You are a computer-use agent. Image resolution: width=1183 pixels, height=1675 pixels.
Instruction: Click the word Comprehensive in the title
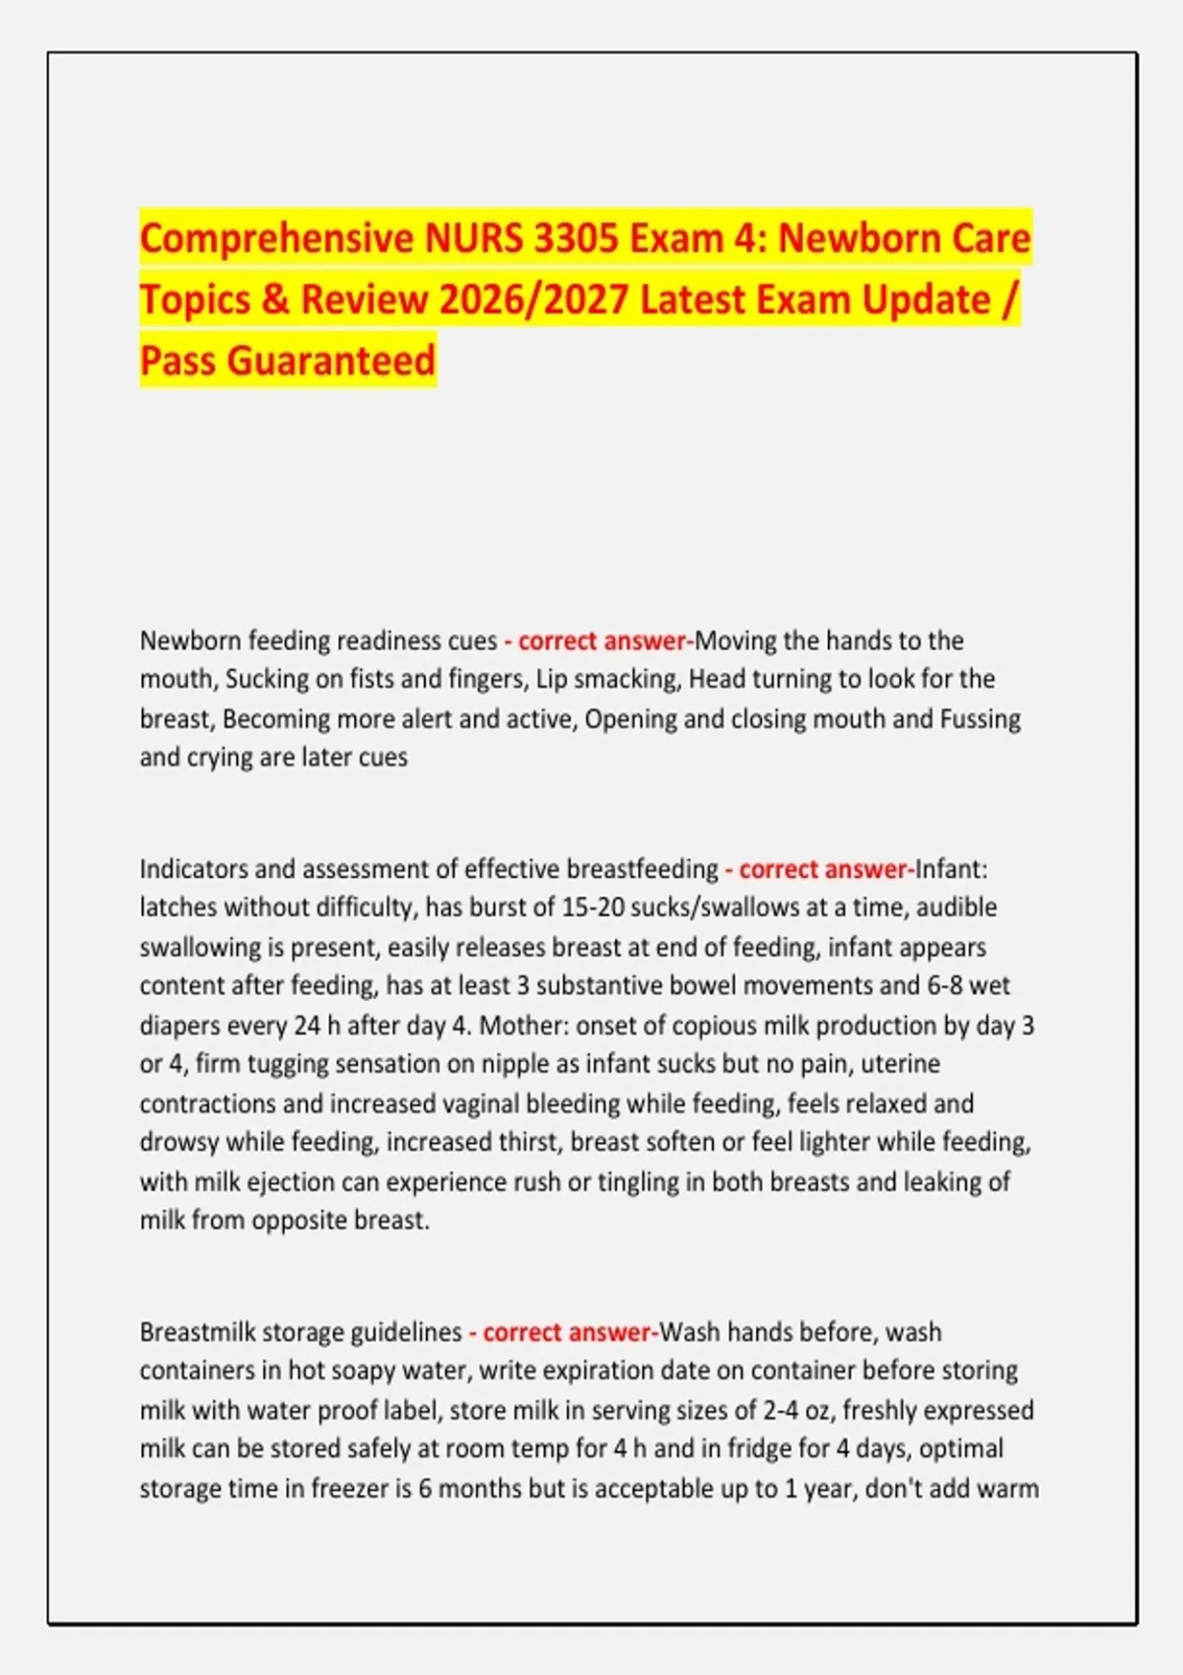pos(277,239)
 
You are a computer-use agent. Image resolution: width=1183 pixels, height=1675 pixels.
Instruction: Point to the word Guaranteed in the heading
pos(330,361)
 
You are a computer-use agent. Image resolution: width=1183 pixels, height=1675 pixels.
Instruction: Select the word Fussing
pos(980,718)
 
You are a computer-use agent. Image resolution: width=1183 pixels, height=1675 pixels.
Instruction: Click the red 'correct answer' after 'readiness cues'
pos(601,640)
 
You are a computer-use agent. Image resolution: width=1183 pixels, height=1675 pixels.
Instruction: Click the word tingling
pos(637,1181)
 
